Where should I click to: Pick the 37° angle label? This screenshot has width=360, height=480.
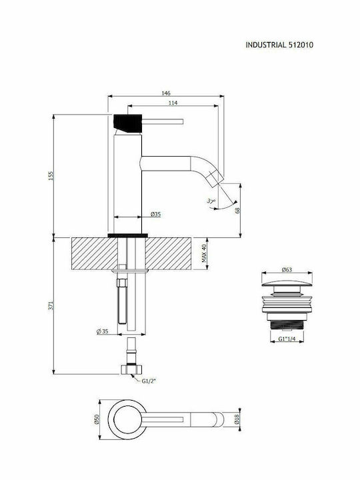[212, 201]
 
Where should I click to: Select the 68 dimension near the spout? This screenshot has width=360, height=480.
[238, 210]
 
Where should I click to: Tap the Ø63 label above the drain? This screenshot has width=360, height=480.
[287, 269]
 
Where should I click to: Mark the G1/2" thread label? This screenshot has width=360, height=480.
[150, 381]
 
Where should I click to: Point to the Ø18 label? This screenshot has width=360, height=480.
[237, 420]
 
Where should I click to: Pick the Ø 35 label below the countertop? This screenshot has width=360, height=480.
[102, 331]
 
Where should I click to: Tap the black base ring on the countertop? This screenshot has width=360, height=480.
[127, 235]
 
